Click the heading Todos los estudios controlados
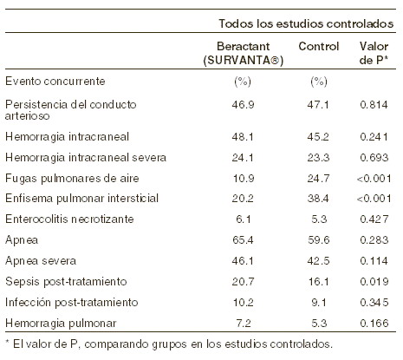pyautogui.click(x=306, y=23)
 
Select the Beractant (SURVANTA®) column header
pyautogui.click(x=244, y=54)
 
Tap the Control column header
pyautogui.click(x=319, y=46)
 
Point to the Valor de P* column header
pyautogui.click(x=374, y=54)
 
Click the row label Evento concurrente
pyautogui.click(x=55, y=82)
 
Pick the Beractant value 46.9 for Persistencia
pyautogui.click(x=243, y=104)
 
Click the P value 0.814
pyautogui.click(x=374, y=104)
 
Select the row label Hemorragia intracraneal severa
pyautogui.click(x=86, y=158)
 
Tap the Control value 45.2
pyautogui.click(x=318, y=137)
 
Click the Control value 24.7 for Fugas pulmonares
pyautogui.click(x=318, y=179)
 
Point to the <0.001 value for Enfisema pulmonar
pyautogui.click(x=374, y=199)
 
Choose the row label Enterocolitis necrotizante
pyautogui.click(x=69, y=219)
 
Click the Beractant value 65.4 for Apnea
pyautogui.click(x=243, y=240)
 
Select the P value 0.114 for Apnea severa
pyautogui.click(x=374, y=261)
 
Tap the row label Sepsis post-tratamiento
pyautogui.click(x=66, y=282)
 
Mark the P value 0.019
pyautogui.click(x=374, y=282)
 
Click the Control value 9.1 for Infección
pyautogui.click(x=319, y=303)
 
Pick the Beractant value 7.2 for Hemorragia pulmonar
pyautogui.click(x=244, y=324)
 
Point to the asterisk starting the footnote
pyautogui.click(x=8, y=342)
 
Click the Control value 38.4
pyautogui.click(x=318, y=199)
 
